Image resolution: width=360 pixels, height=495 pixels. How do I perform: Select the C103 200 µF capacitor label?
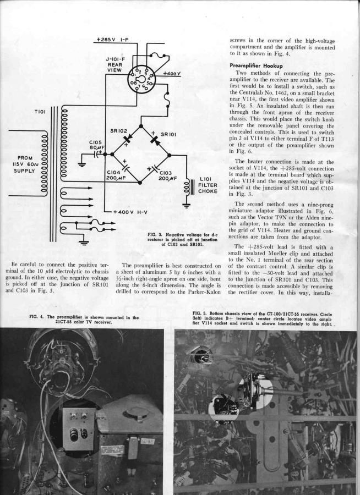tap(168, 174)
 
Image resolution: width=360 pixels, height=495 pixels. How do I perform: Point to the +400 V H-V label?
tap(130, 212)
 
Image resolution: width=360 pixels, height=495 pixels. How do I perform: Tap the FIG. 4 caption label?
tap(39, 317)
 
